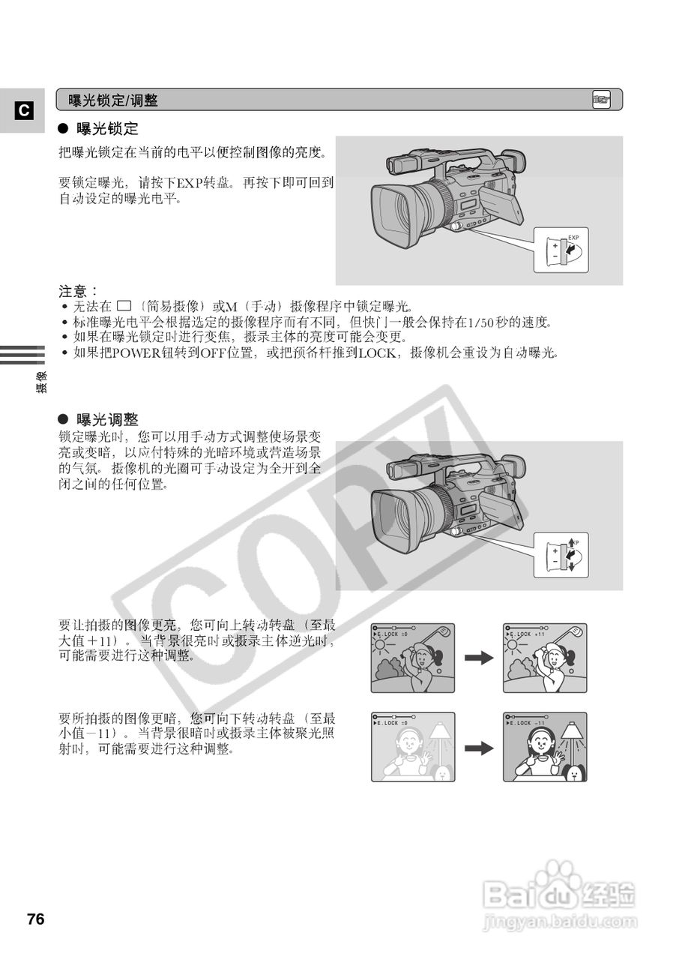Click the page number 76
point(35,919)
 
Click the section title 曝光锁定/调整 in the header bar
point(113,100)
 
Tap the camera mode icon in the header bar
point(601,100)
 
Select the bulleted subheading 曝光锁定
point(107,128)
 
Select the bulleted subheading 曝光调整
point(107,419)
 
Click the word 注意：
point(79,290)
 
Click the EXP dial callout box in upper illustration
point(561,250)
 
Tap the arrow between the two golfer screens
point(479,658)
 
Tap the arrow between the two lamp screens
point(479,747)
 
